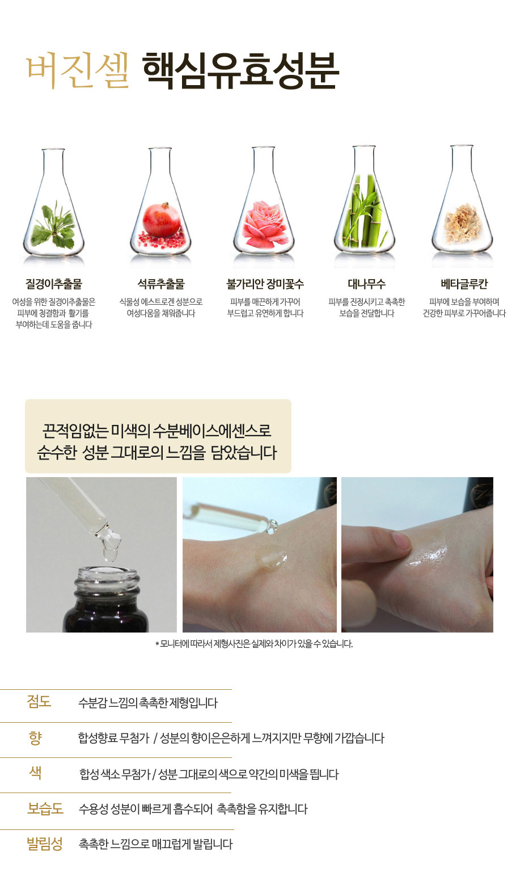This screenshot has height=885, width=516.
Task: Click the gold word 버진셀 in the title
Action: (x=78, y=70)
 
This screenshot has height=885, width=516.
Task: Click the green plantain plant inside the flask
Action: (x=53, y=226)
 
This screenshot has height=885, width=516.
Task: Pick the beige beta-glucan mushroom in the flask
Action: (x=463, y=223)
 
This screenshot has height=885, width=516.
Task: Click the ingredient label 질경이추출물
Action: (x=54, y=284)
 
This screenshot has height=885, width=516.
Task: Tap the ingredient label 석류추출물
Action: (x=161, y=284)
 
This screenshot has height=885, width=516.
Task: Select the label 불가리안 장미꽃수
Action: (x=265, y=284)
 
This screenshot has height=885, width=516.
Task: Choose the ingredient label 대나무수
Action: (x=366, y=284)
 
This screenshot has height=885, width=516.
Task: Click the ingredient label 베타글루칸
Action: (x=464, y=284)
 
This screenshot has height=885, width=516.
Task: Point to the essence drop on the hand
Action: (x=271, y=558)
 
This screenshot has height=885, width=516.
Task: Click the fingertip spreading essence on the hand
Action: (x=401, y=541)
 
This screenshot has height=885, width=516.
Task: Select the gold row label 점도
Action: (x=39, y=701)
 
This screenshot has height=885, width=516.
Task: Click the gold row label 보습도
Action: (x=45, y=808)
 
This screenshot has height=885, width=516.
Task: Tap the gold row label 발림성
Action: (x=45, y=844)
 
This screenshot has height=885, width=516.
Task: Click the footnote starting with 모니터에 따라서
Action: (x=254, y=643)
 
